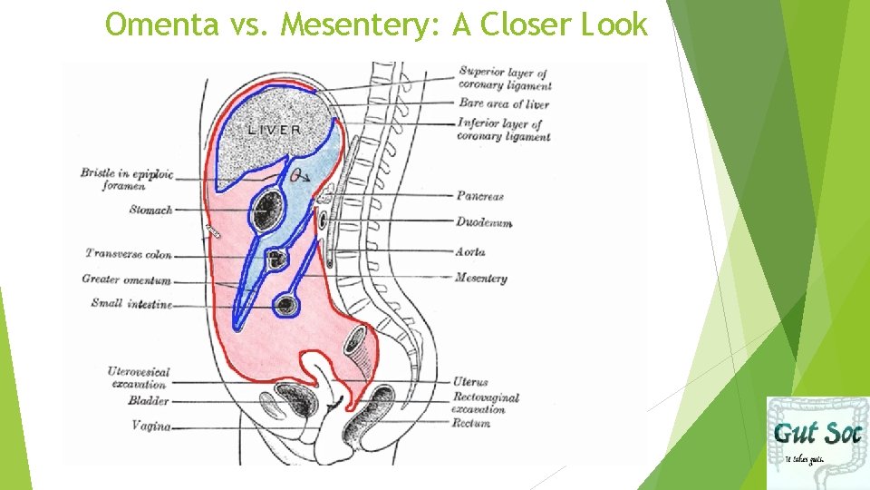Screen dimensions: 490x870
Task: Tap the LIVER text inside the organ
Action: point(275,130)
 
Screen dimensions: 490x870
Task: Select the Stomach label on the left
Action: point(150,210)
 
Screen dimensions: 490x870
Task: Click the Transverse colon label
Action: point(129,253)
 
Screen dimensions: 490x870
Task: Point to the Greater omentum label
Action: point(126,279)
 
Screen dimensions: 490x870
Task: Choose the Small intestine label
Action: point(131,303)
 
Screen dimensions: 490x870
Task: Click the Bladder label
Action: point(148,400)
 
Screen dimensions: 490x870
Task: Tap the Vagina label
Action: point(151,425)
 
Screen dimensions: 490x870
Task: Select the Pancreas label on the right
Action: point(480,195)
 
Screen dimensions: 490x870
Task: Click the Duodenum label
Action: point(484,222)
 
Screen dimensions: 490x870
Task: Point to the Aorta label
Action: point(470,251)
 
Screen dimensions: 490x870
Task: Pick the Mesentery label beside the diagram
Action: point(480,278)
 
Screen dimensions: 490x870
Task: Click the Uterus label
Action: point(471,383)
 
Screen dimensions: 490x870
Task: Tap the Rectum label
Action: point(471,423)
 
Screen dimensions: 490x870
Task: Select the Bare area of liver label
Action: point(504,103)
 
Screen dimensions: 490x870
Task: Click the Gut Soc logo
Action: point(817,442)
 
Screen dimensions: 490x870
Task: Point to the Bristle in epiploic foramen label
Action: point(127,178)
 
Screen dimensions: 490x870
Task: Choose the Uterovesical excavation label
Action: point(138,377)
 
